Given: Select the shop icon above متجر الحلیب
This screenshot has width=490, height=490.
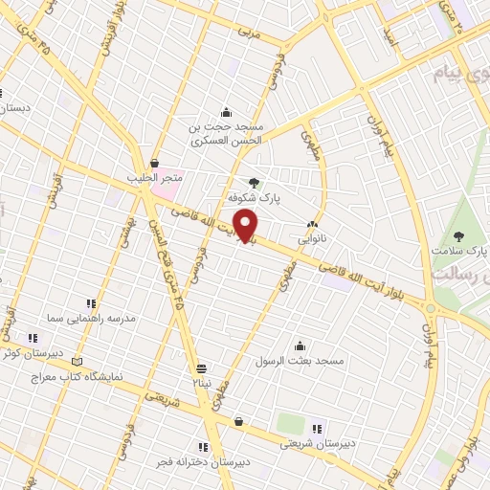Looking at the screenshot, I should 155,164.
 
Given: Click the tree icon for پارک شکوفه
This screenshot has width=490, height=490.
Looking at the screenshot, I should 254,184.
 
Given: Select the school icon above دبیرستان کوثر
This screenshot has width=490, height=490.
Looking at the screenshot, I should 33,338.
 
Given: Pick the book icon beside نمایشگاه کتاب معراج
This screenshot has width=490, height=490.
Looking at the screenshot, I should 78,363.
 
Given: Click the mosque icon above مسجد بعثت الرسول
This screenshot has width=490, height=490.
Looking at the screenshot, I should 302,346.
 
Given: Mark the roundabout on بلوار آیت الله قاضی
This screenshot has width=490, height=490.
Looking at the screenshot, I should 430,309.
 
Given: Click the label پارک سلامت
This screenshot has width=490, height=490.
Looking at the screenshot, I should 456,252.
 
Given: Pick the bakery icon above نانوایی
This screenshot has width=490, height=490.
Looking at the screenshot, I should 313,224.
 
